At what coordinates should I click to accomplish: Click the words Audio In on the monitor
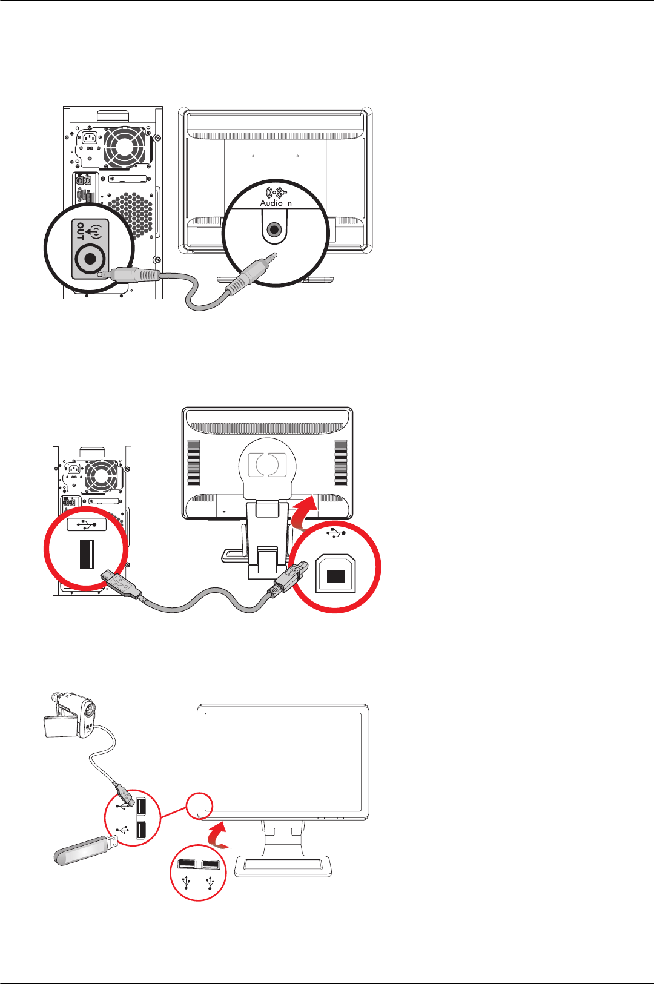(x=276, y=203)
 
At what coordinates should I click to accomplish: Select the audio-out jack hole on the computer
(x=90, y=259)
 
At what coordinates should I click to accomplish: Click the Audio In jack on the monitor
(x=274, y=230)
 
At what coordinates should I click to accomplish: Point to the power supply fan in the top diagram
(x=125, y=148)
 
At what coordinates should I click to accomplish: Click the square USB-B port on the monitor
(x=335, y=576)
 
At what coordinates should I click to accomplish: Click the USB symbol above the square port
(x=335, y=533)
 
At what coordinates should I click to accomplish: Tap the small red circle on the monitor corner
(x=199, y=806)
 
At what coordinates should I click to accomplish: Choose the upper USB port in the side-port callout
(x=141, y=807)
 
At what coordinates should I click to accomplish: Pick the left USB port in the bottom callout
(x=186, y=863)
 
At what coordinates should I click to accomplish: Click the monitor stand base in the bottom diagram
(x=283, y=867)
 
